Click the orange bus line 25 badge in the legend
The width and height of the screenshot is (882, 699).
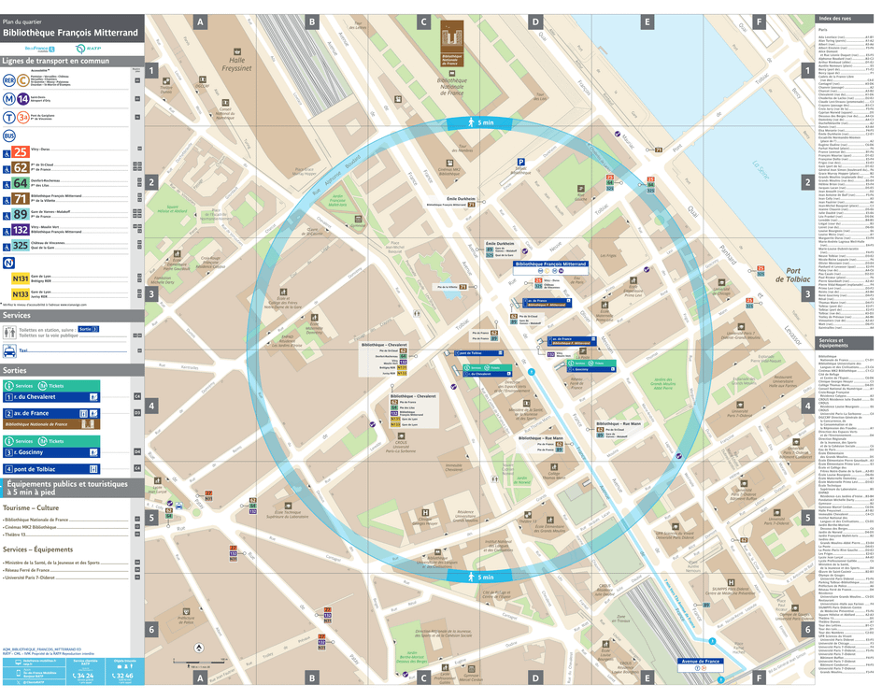[20, 151]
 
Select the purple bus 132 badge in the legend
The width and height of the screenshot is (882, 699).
[20, 229]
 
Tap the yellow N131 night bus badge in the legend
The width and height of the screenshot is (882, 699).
[20, 278]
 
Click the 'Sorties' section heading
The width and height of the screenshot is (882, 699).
[16, 370]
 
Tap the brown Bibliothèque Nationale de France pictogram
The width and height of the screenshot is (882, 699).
[452, 37]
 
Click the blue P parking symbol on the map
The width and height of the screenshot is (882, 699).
[520, 161]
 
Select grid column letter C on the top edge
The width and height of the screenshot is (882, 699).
[423, 21]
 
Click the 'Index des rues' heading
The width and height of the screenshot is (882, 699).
[836, 20]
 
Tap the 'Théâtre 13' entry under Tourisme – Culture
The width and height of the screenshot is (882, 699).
[19, 535]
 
